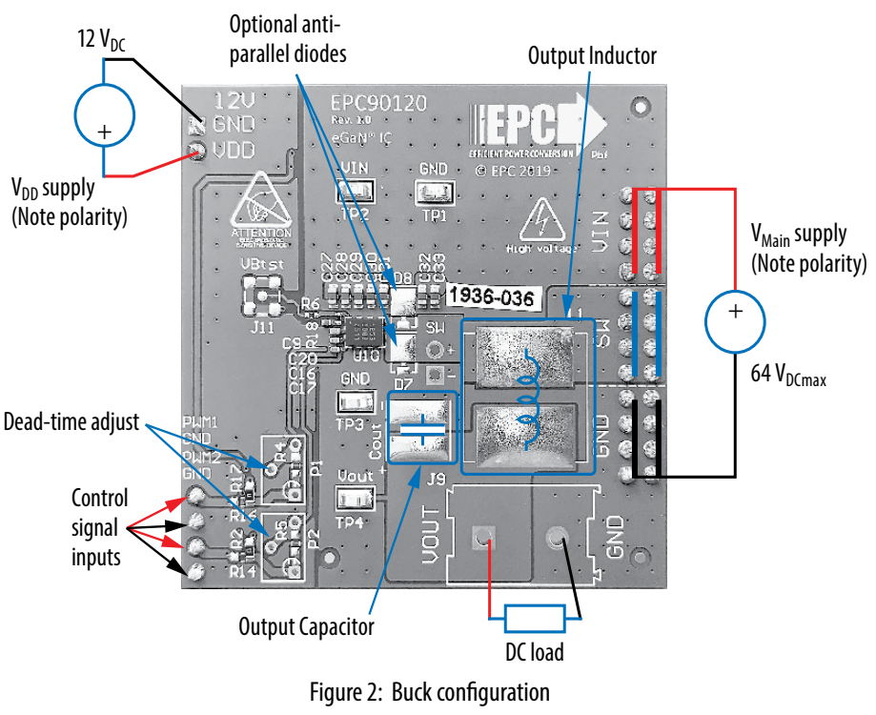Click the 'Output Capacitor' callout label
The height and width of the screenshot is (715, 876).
point(306,626)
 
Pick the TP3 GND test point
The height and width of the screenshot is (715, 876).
point(354,399)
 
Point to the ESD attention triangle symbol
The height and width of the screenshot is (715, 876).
point(257,207)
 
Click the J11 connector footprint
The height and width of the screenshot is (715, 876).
point(261,296)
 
